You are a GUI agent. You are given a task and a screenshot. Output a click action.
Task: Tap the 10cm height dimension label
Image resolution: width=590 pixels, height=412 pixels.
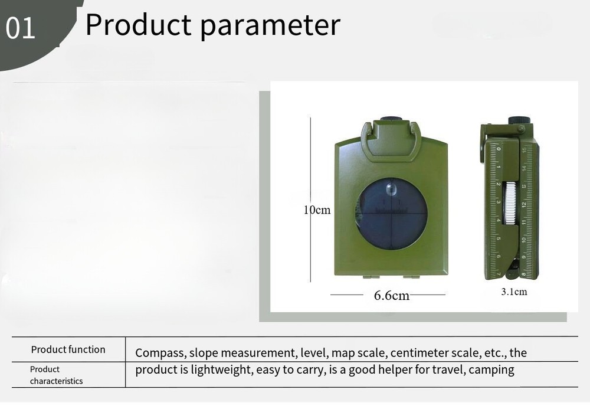317,210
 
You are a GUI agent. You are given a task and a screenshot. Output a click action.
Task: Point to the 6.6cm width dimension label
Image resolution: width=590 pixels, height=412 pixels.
391,295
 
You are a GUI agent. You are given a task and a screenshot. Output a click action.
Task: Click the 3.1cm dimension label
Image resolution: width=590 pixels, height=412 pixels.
514,292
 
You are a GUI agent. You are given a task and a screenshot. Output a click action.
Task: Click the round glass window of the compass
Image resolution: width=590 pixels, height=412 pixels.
391,214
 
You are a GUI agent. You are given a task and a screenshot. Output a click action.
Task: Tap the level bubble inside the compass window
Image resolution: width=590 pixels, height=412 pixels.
391,190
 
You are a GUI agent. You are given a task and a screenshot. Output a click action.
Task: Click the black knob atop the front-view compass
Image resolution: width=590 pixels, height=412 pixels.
391,119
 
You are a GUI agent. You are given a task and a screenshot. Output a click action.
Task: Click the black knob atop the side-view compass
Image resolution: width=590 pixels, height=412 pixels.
519,120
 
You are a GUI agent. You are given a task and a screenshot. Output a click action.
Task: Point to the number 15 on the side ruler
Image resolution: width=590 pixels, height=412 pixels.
524,151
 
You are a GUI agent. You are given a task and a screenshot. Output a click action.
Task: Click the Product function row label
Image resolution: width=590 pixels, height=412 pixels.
68,349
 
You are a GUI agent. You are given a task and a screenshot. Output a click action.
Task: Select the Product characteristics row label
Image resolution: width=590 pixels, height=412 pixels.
57,375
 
